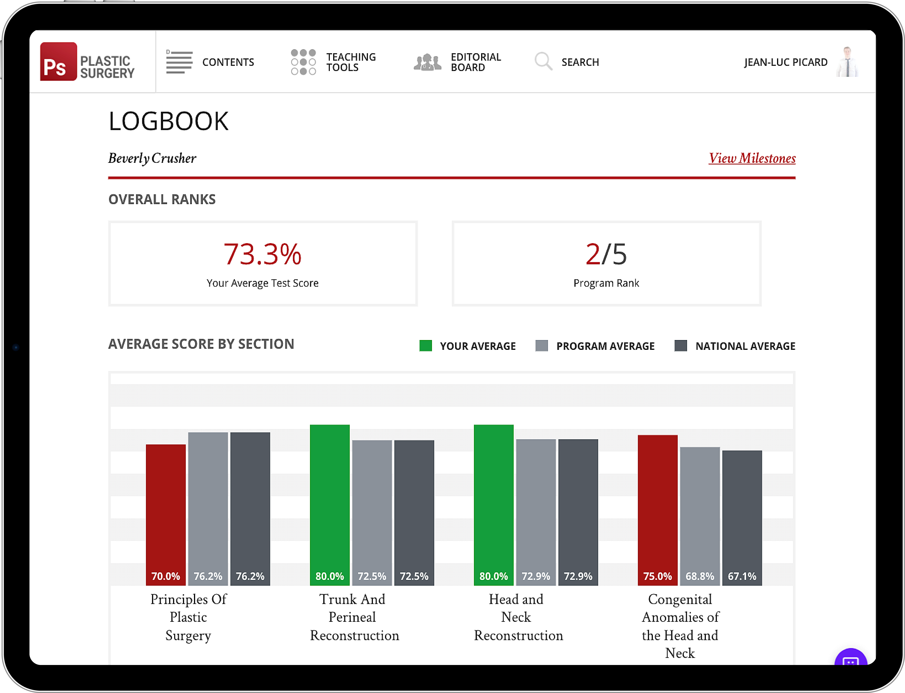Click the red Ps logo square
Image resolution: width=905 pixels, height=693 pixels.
point(58,61)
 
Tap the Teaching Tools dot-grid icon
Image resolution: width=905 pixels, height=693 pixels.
point(303,62)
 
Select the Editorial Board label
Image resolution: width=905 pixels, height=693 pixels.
point(476,62)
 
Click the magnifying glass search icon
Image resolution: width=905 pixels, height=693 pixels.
point(543,61)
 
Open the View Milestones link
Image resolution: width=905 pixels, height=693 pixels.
point(752,158)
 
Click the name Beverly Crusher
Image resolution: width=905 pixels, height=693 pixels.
point(152,158)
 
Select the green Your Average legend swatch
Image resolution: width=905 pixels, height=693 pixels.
point(425,346)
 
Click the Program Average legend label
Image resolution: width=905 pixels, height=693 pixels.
point(605,346)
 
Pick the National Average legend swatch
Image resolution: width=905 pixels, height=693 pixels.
point(681,346)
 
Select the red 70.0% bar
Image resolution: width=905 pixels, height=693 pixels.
point(166,515)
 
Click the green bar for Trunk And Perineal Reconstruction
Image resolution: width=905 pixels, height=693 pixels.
point(330,505)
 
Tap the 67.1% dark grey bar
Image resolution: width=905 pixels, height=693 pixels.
point(742,518)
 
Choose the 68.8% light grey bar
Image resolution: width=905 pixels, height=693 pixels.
point(700,516)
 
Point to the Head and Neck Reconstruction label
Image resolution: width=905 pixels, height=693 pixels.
point(518,617)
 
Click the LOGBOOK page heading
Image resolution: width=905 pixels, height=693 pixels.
point(168,121)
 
